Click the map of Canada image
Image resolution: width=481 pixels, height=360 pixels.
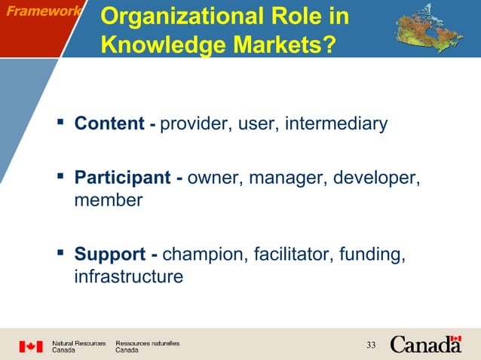tap(424, 29)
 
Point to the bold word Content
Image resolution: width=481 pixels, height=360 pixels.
tap(109, 124)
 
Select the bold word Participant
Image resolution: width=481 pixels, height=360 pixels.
tap(123, 178)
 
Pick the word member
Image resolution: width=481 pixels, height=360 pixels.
tap(109, 200)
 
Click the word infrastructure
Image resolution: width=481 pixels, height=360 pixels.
tap(128, 276)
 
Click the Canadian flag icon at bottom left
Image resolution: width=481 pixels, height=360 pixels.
tap(31, 346)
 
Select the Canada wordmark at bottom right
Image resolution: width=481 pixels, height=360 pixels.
tap(426, 345)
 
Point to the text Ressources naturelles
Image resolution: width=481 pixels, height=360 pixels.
tap(148, 343)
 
